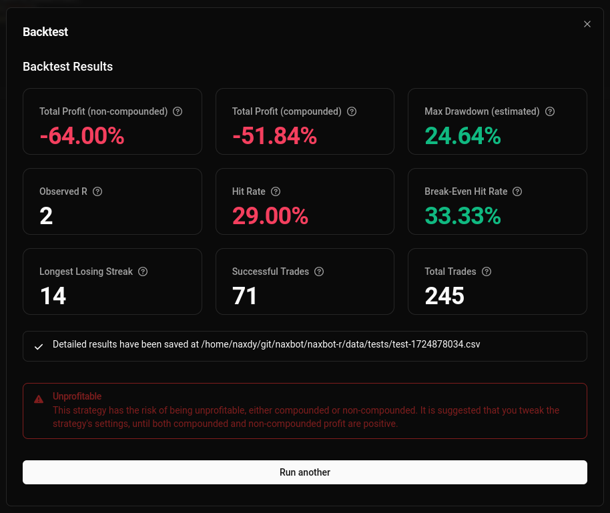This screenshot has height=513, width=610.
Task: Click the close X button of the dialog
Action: pos(587,24)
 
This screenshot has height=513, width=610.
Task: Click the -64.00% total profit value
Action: pos(82,136)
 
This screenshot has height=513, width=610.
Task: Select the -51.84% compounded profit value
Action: pos(274,136)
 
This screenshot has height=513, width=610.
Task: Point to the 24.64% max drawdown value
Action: pos(463,136)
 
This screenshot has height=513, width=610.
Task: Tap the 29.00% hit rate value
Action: pos(270,216)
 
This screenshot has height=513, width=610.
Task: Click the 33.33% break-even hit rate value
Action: pos(463,216)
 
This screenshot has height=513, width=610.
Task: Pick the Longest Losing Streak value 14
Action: pos(53,296)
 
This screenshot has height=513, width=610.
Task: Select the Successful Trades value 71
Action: pos(245,296)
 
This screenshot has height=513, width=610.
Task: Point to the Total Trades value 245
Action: pos(444,296)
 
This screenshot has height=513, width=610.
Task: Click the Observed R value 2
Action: pos(46,216)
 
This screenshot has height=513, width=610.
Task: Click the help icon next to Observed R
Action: pos(97,191)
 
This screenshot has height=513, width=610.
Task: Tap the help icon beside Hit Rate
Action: pos(276,191)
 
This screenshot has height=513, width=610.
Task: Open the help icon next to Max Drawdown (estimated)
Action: pos(550,111)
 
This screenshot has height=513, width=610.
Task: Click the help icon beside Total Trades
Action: pos(487,272)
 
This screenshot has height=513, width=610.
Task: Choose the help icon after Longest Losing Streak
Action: pos(143,272)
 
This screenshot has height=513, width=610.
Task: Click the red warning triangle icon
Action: pos(39,399)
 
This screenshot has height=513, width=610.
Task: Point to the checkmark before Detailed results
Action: pos(39,347)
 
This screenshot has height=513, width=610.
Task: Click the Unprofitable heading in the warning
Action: pos(77,396)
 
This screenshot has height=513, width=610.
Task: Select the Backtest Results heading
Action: pos(67,67)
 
